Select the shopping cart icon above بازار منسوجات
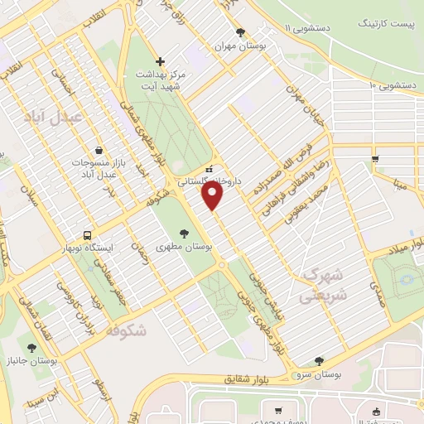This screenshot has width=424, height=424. pos(99,150)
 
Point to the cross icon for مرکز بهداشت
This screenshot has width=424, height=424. pos(161,60)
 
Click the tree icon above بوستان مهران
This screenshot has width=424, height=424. pos(240,33)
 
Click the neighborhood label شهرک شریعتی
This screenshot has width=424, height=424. pos(324,284)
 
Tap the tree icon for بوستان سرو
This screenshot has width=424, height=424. pos(320,360)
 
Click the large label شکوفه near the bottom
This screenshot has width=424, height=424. pos(126,331)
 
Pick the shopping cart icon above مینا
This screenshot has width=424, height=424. pos(376,159)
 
